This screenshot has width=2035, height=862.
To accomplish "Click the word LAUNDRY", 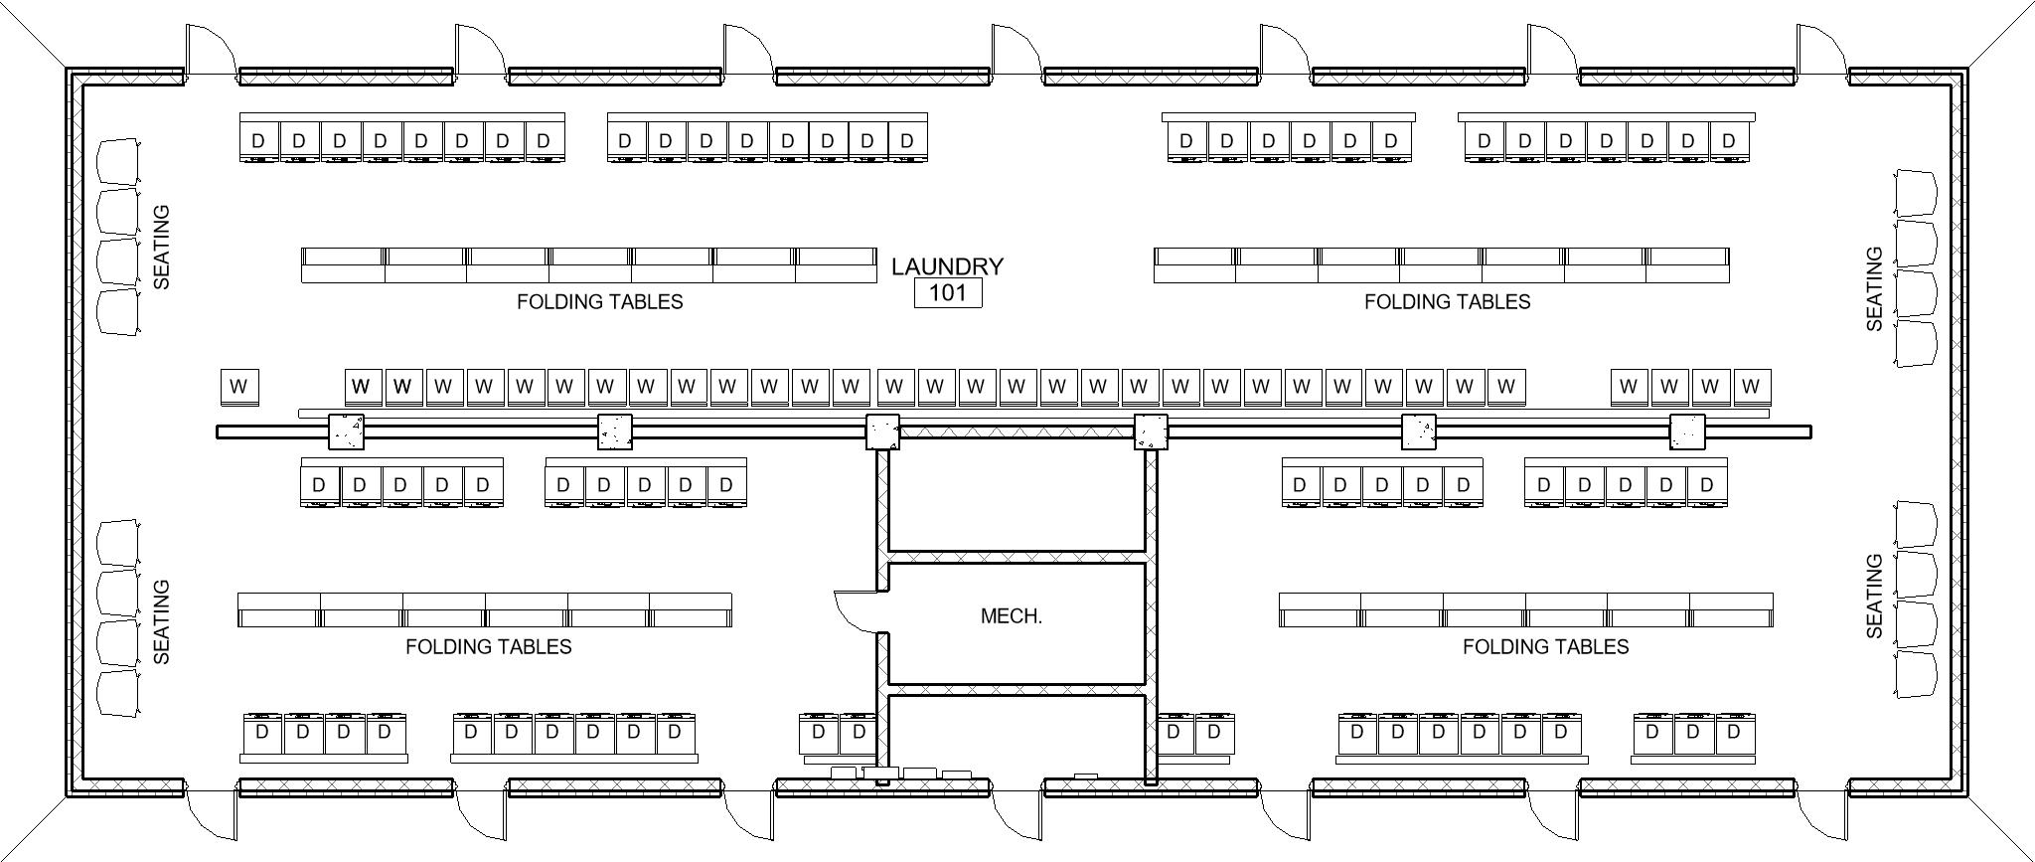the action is pyautogui.click(x=947, y=266).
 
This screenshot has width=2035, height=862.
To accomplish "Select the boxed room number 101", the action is pyautogui.click(x=948, y=292).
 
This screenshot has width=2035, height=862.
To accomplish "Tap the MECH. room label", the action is pyautogui.click(x=1012, y=616).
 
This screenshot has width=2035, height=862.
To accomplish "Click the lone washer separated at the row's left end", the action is pyautogui.click(x=238, y=387).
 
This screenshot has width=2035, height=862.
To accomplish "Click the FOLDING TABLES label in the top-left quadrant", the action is pyautogui.click(x=600, y=301).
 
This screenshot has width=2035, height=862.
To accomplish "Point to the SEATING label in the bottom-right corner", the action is pyautogui.click(x=1875, y=596).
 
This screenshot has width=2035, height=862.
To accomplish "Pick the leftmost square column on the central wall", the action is pyautogui.click(x=346, y=431).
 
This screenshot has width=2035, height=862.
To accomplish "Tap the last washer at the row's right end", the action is pyautogui.click(x=1751, y=386).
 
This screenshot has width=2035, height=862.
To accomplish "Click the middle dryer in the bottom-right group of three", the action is pyautogui.click(x=1693, y=733).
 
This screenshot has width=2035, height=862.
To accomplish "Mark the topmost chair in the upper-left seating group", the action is pyautogui.click(x=118, y=161).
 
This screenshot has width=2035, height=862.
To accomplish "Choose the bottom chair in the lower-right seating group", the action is pyautogui.click(x=1916, y=676).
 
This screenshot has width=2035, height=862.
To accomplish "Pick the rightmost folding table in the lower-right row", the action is pyautogui.click(x=1731, y=610).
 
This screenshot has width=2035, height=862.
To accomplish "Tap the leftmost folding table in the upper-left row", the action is pyautogui.click(x=343, y=265).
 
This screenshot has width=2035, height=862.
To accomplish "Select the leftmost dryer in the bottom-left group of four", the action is pyautogui.click(x=262, y=733).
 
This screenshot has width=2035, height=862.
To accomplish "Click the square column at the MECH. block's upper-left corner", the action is pyautogui.click(x=882, y=431).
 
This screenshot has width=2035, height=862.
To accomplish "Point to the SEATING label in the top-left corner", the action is pyautogui.click(x=162, y=248).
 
